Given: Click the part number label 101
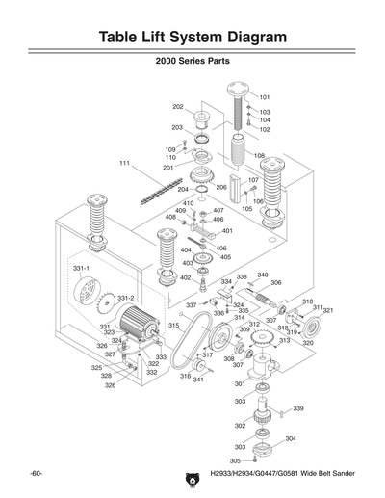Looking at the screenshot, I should (x=265, y=97).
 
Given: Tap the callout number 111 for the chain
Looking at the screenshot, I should (x=124, y=163).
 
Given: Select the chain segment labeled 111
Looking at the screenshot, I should (x=154, y=192).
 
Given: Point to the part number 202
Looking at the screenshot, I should (x=178, y=106).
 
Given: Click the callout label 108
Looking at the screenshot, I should (x=259, y=155).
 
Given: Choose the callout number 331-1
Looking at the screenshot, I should (x=82, y=268).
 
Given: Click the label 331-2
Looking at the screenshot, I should (x=125, y=298).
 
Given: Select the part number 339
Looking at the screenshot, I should (x=298, y=408).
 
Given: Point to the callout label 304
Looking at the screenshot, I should (x=291, y=438).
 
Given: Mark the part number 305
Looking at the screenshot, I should (x=235, y=460).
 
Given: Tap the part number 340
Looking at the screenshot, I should (x=262, y=275).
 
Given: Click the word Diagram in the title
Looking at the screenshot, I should (x=246, y=38).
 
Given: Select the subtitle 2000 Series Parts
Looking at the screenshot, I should (x=192, y=70).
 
